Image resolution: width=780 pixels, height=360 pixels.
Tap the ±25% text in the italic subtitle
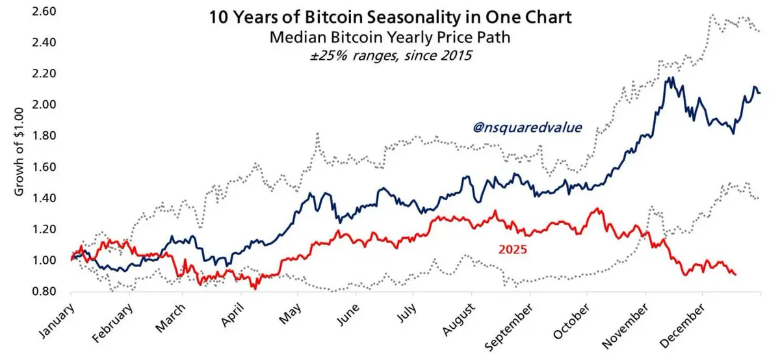tap(326, 56)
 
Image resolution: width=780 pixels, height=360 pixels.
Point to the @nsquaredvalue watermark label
tap(526, 127)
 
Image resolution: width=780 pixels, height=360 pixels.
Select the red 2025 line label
tap(513, 248)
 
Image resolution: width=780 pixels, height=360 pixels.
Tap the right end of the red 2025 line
tap(736, 275)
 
